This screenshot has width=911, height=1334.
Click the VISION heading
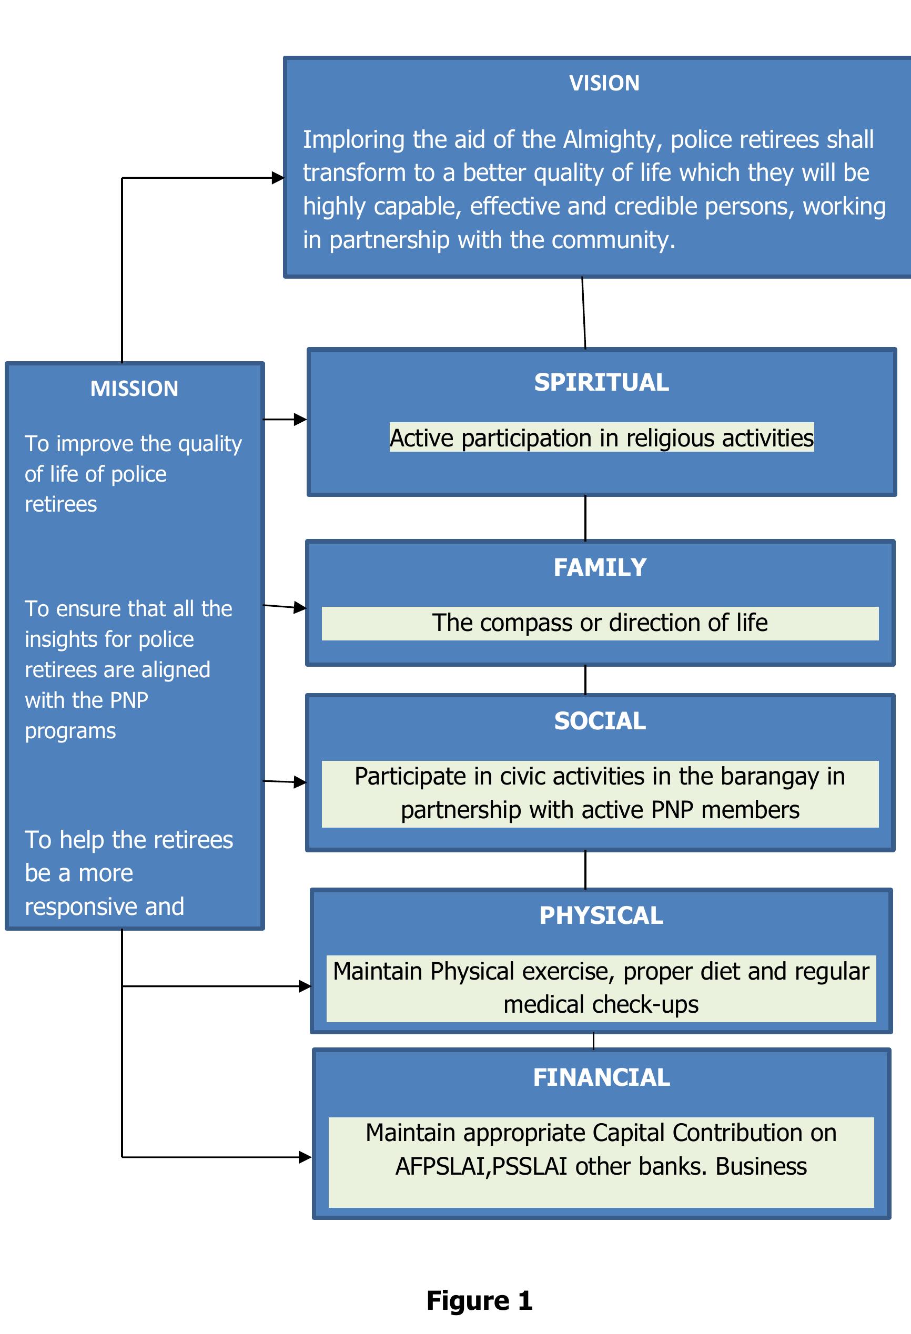click(604, 83)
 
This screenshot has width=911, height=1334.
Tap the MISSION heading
click(134, 389)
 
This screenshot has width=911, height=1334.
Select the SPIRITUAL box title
click(601, 382)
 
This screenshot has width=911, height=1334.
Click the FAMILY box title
click(600, 567)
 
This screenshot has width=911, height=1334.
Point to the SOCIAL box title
click(600, 721)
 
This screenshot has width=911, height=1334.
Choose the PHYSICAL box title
click(601, 915)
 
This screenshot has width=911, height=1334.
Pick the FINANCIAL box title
click(601, 1077)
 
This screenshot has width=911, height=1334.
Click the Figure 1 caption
click(479, 1301)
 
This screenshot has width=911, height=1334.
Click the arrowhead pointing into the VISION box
click(278, 178)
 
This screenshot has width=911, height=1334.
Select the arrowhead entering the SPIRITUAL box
click(300, 420)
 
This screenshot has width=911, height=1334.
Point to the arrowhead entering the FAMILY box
click(300, 607)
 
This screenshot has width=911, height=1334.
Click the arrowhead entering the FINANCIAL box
click(306, 1157)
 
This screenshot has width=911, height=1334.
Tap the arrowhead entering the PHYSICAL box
click(305, 986)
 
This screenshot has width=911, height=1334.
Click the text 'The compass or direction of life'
click(600, 623)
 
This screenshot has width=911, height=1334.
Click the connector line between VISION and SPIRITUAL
click(584, 313)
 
